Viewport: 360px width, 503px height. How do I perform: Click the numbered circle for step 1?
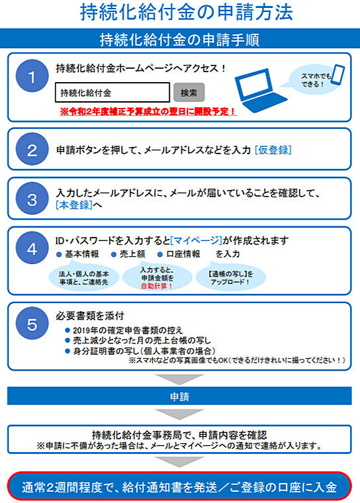(32, 75)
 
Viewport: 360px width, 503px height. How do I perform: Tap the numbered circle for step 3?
(32, 199)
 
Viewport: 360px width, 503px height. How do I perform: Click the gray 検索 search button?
(189, 93)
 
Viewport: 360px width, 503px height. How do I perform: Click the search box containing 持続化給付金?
(112, 93)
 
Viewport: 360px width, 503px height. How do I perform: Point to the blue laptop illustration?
(260, 90)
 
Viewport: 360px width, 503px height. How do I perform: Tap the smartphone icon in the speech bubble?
(337, 75)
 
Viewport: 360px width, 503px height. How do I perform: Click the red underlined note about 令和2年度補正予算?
(148, 111)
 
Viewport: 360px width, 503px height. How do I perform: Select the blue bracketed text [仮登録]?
(273, 150)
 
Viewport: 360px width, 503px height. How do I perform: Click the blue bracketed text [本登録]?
(74, 205)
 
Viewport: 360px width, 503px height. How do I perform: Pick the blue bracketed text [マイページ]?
(197, 240)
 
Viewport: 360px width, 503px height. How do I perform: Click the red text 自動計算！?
(157, 286)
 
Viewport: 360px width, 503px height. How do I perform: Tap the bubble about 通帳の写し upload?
(231, 277)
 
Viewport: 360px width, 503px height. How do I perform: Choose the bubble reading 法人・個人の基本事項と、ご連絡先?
(84, 277)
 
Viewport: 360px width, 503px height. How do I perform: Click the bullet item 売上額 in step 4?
(128, 254)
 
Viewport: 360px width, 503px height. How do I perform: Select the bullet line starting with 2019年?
(124, 330)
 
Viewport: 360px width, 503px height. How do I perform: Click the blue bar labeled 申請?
(179, 396)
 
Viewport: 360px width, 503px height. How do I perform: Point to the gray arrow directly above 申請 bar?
(179, 379)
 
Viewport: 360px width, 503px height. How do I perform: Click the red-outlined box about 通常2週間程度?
(179, 486)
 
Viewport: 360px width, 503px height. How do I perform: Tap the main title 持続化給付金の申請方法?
(187, 12)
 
